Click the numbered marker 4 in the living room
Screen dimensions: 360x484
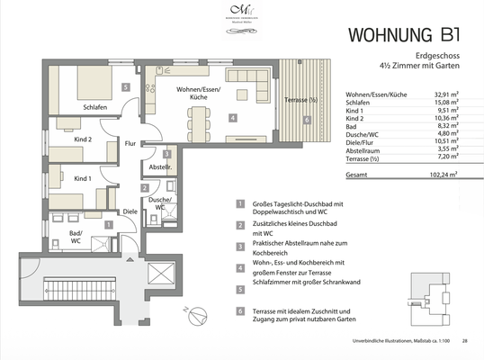(x=233, y=118)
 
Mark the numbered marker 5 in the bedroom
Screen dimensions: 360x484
(x=127, y=86)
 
